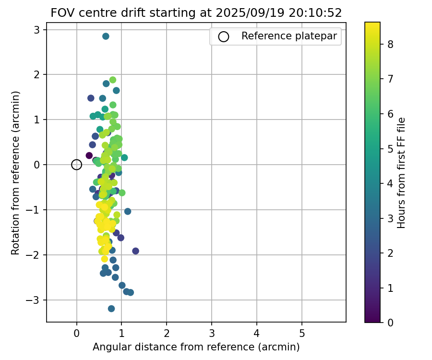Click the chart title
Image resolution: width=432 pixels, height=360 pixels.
196,13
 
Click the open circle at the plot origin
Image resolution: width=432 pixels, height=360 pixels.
76,165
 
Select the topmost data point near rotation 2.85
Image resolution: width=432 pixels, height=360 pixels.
106,36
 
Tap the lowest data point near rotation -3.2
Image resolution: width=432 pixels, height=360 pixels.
111,309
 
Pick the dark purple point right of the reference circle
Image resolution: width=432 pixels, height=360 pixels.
89,155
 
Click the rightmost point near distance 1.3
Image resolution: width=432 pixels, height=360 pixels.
135,251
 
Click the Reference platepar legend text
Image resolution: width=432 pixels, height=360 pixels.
289,36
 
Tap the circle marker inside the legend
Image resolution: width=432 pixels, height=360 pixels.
223,36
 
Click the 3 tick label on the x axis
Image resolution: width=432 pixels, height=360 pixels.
212,333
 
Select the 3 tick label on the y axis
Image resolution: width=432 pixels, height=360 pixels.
37,30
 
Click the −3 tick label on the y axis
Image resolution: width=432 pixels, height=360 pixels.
34,300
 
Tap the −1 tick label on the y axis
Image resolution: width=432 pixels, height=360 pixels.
34,210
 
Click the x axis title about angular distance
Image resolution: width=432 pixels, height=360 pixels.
196,347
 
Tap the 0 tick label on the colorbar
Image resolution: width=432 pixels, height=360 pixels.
390,323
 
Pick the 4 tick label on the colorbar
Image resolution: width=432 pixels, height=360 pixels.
390,183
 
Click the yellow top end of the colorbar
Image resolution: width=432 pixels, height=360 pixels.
372,24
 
